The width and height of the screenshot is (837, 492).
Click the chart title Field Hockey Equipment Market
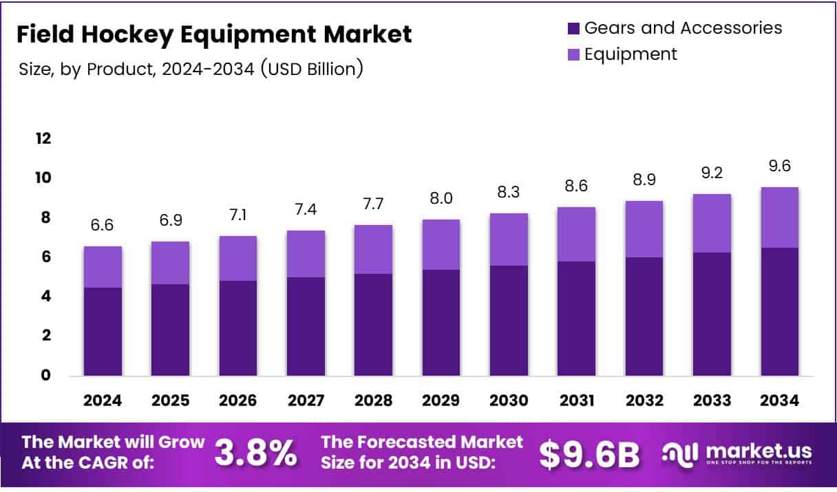[x=214, y=34]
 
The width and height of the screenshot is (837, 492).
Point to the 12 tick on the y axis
[x=43, y=138]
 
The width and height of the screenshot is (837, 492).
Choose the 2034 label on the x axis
[x=779, y=400]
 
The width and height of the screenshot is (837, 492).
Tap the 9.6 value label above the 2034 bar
[x=779, y=167]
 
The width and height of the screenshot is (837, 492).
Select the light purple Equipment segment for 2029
[x=442, y=244]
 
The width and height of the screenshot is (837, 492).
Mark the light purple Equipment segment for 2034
[x=779, y=217]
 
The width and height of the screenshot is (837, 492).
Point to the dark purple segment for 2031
[x=577, y=319]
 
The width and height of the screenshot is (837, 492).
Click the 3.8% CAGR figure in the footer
[x=256, y=453]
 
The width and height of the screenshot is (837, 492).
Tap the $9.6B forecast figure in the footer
[x=589, y=453]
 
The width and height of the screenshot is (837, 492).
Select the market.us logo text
[x=753, y=451]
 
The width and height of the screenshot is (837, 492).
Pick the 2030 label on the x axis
[x=509, y=400]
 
